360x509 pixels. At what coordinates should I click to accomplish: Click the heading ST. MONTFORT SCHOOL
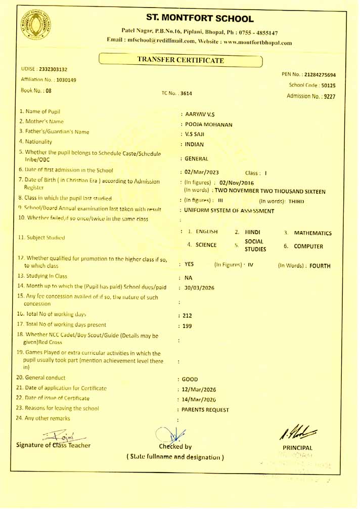point(199,19)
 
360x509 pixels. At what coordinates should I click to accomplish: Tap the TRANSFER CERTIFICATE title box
point(181,60)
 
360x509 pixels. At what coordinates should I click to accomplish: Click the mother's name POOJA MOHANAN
point(208,124)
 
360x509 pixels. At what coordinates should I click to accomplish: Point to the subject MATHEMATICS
point(313,233)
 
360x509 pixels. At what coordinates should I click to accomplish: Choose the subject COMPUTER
point(308,246)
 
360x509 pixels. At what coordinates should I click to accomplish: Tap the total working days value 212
point(187,315)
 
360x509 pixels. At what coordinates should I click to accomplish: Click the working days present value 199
point(187,326)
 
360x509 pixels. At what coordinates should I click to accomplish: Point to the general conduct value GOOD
point(191,379)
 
